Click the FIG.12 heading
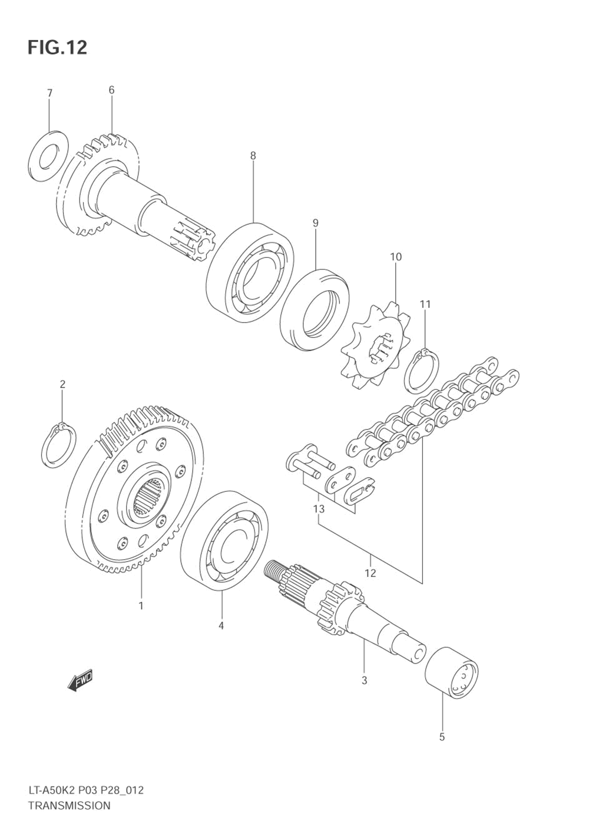pyautogui.click(x=57, y=47)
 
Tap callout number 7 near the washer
pyautogui.click(x=49, y=93)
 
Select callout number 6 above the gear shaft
pyautogui.click(x=111, y=90)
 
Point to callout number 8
pyautogui.click(x=253, y=156)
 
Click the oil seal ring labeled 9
pyautogui.click(x=315, y=310)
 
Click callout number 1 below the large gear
pyautogui.click(x=141, y=605)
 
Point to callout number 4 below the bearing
pyautogui.click(x=221, y=625)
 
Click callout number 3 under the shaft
pyautogui.click(x=364, y=680)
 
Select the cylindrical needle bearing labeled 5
pyautogui.click(x=452, y=672)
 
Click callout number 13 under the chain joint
pyautogui.click(x=319, y=508)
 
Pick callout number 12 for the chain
pyautogui.click(x=370, y=573)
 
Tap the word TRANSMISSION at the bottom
pyautogui.click(x=69, y=805)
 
